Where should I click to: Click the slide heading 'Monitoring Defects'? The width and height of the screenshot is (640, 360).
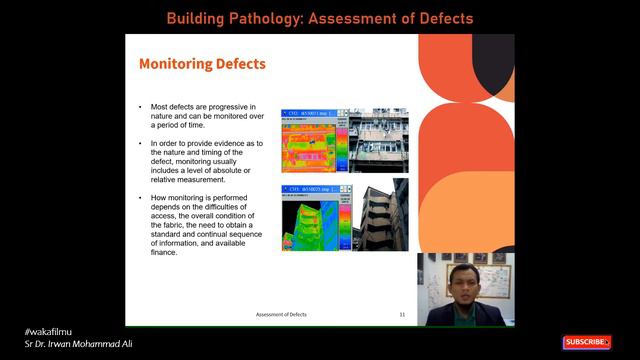202,64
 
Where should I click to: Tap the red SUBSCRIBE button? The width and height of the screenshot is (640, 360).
587,342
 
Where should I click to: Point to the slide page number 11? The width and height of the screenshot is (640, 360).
402,314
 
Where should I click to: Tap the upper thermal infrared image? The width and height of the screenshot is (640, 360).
313,141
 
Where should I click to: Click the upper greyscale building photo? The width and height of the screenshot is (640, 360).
377,140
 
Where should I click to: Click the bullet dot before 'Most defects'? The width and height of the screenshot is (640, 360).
140,107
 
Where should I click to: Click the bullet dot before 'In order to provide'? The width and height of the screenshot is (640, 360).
140,143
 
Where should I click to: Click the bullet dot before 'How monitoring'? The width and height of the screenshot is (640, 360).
140,199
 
